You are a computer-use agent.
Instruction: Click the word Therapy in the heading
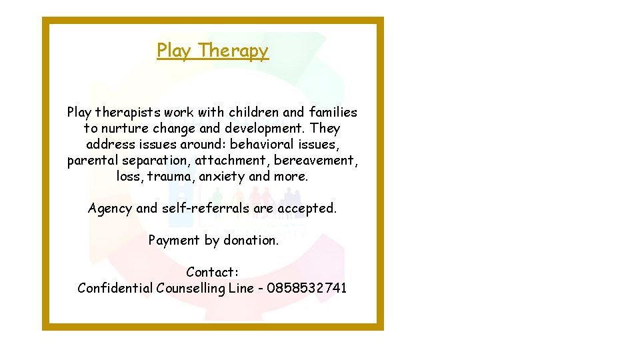(233, 51)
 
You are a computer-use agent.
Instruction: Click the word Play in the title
(173, 51)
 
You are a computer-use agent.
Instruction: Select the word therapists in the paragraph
(127, 113)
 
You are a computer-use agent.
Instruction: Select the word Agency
(110, 209)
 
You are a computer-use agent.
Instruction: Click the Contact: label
(212, 272)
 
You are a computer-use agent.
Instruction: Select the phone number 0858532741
(307, 288)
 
